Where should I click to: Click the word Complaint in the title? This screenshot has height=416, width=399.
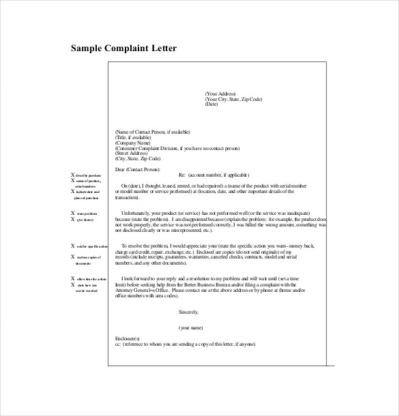pos(133,48)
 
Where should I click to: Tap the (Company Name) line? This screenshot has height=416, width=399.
pos(132,143)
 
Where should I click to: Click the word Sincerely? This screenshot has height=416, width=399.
pos(188,312)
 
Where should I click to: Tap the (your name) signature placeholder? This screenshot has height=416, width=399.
pos(192,327)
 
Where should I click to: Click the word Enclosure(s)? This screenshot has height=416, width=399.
pos(128,338)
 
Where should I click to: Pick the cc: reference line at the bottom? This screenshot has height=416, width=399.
pos(185,343)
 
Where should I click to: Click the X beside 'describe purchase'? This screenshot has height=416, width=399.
pos(73,175)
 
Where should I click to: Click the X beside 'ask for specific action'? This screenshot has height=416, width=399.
pos(73,246)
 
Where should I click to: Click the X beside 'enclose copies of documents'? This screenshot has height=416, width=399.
pos(73,256)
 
